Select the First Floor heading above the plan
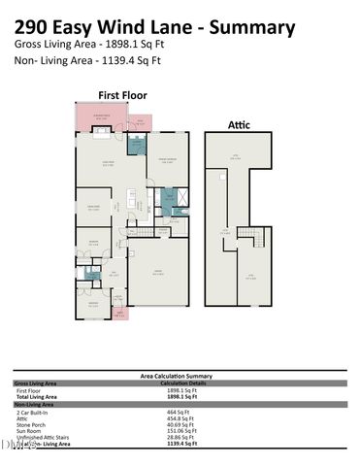123,94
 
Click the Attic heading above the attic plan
239,123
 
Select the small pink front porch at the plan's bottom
119,313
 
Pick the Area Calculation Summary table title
180,374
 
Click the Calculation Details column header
180,382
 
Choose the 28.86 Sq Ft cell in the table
181,437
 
